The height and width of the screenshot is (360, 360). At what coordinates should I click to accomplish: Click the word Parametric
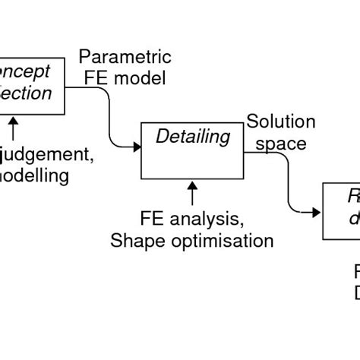125,58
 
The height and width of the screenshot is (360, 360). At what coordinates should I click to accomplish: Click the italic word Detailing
192,137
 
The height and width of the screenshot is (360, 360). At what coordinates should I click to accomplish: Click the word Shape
134,241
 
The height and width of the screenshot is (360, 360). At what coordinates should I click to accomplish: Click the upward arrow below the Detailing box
193,193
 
